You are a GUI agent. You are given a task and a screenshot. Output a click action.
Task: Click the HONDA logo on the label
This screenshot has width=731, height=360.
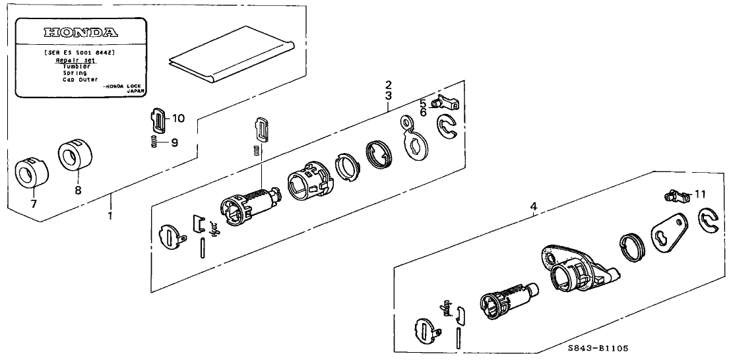(80, 32)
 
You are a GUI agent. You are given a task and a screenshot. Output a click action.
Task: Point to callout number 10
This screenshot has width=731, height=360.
(179, 119)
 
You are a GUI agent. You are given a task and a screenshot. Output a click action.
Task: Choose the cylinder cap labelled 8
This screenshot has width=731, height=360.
(75, 155)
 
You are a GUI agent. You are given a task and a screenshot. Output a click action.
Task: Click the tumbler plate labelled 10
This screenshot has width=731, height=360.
(158, 120)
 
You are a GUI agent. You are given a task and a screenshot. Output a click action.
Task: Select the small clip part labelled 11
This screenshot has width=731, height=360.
(674, 195)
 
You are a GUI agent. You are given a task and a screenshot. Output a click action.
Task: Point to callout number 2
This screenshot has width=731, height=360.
(389, 86)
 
